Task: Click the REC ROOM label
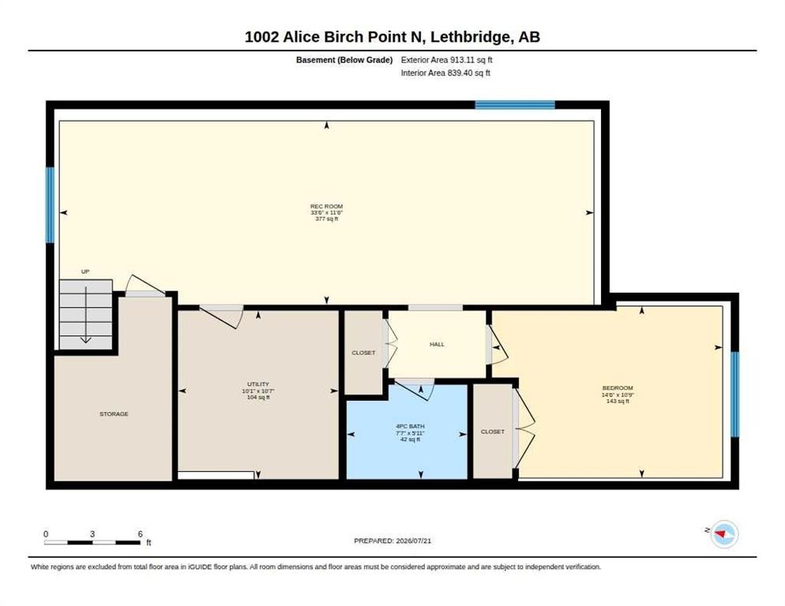coord(326,206)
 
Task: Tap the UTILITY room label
coord(258,384)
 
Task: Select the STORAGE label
coord(115,413)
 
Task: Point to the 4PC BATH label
coord(411,427)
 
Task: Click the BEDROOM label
coord(618,387)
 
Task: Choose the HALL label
coord(437,344)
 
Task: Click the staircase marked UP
coord(85,314)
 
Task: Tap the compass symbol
coord(724,534)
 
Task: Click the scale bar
coord(92,542)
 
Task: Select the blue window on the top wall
coord(515,105)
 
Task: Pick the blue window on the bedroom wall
coord(735,395)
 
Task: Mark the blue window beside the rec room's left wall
coord(50,205)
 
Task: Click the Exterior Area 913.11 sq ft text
coord(446,60)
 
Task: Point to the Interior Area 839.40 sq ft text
coord(445,73)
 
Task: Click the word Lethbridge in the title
coord(471,37)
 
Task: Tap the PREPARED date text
coord(392,541)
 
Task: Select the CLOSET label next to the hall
coord(363,353)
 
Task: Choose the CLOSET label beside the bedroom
coord(493,432)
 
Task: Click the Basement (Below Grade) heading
coord(344,60)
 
